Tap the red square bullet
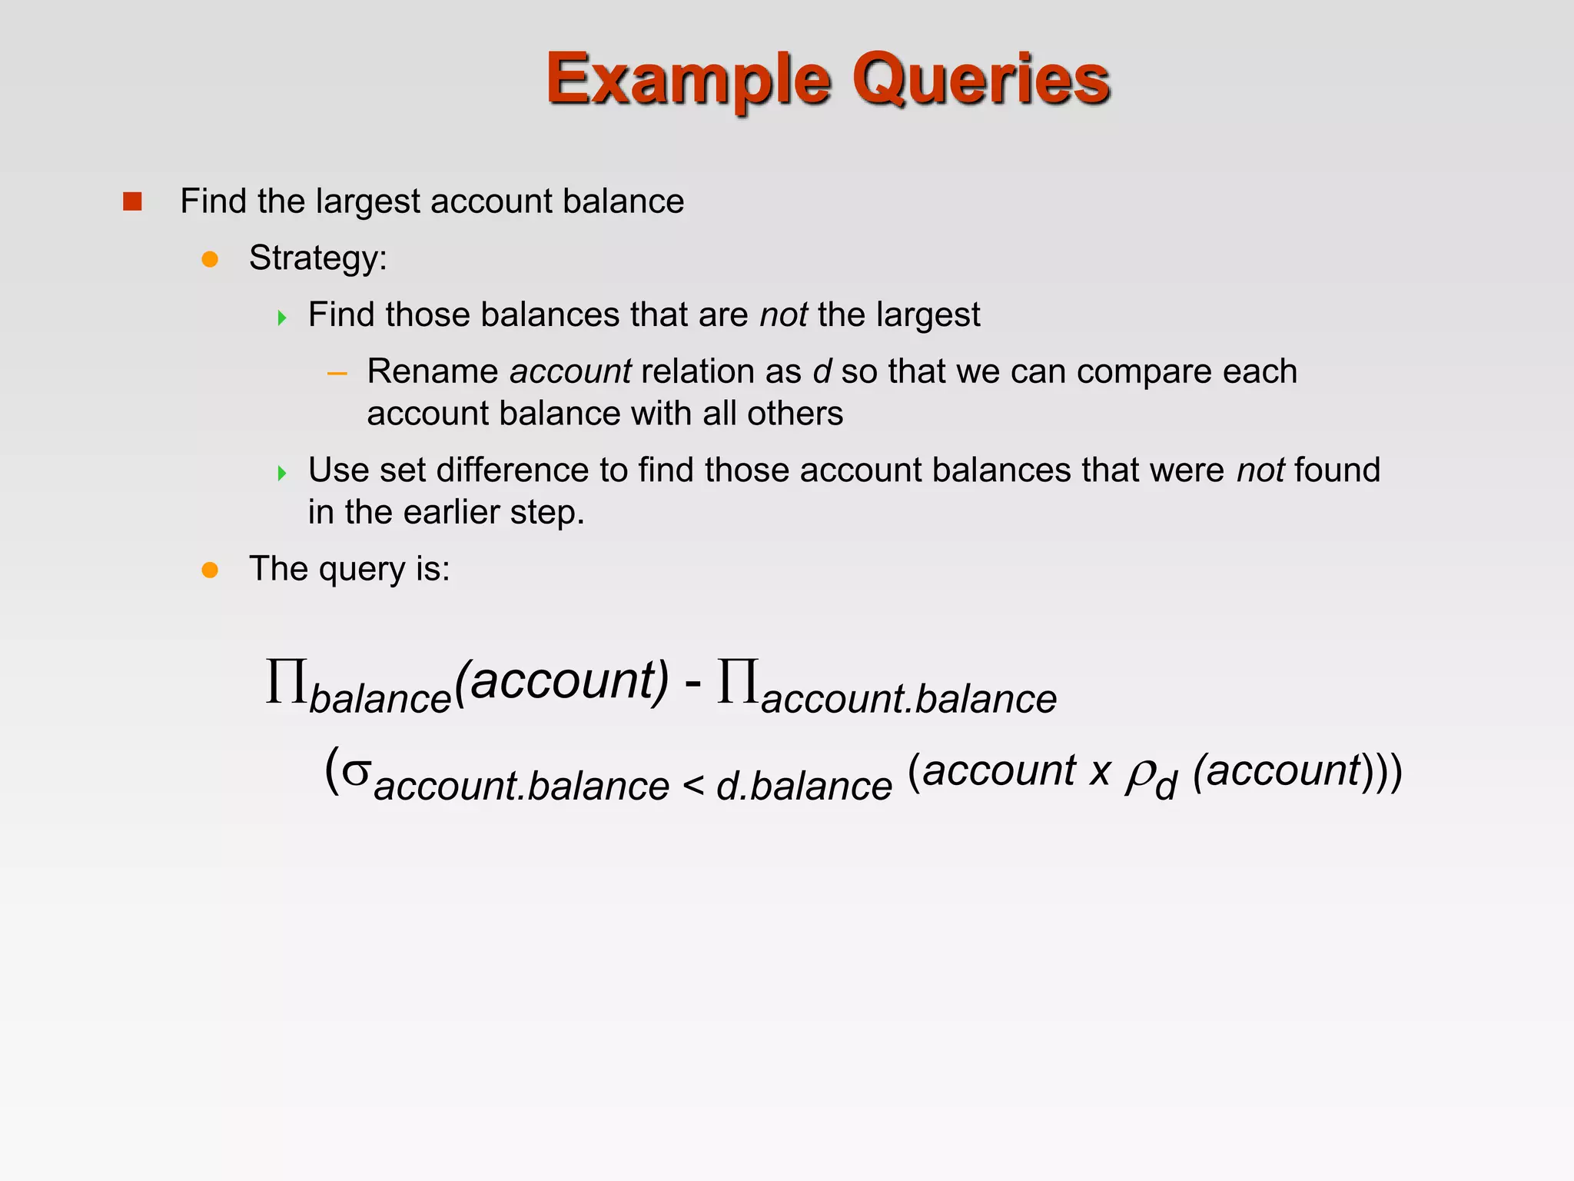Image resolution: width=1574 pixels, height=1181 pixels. (x=132, y=201)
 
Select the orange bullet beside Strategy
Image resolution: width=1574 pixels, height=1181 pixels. (x=210, y=259)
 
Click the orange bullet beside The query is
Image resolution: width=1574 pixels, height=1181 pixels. (x=210, y=570)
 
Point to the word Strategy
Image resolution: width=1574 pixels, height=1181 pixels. (x=317, y=258)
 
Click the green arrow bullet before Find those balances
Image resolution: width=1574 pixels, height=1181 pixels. (x=282, y=317)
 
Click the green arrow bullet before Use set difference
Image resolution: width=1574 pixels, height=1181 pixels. (x=282, y=472)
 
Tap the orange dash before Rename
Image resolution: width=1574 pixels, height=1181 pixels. (x=337, y=374)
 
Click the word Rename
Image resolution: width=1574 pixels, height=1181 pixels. (x=432, y=371)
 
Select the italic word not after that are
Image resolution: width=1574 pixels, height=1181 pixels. (x=783, y=315)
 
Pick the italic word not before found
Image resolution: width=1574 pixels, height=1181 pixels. (x=1260, y=471)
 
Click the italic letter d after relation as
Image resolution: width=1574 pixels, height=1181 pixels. (x=822, y=371)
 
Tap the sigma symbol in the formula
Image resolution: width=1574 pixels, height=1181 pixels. (x=356, y=771)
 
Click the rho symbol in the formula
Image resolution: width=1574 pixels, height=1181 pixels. (x=1139, y=775)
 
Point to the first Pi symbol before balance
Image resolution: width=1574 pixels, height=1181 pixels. (x=286, y=681)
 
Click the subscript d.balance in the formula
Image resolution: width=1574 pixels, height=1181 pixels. (x=804, y=786)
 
